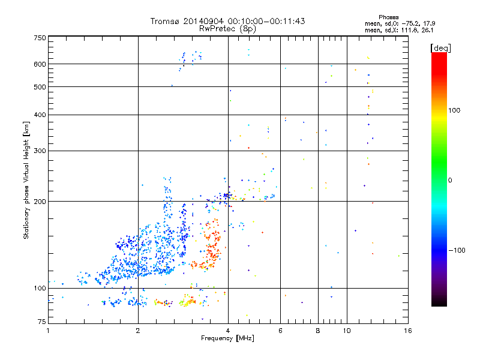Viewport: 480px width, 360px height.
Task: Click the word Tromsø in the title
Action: coord(166,21)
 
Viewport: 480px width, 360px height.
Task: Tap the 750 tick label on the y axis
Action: coord(40,38)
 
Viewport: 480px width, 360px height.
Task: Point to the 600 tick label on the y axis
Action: coord(40,64)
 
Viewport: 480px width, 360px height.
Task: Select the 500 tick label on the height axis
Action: coord(40,87)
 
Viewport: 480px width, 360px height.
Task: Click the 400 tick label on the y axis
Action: coord(40,115)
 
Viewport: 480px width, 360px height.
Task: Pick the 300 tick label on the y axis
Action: coord(40,151)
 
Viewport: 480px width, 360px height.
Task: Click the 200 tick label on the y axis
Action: coord(40,202)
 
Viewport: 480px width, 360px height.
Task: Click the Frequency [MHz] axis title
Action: coord(227,339)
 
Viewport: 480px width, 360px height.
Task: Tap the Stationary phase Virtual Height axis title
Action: coord(26,180)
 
